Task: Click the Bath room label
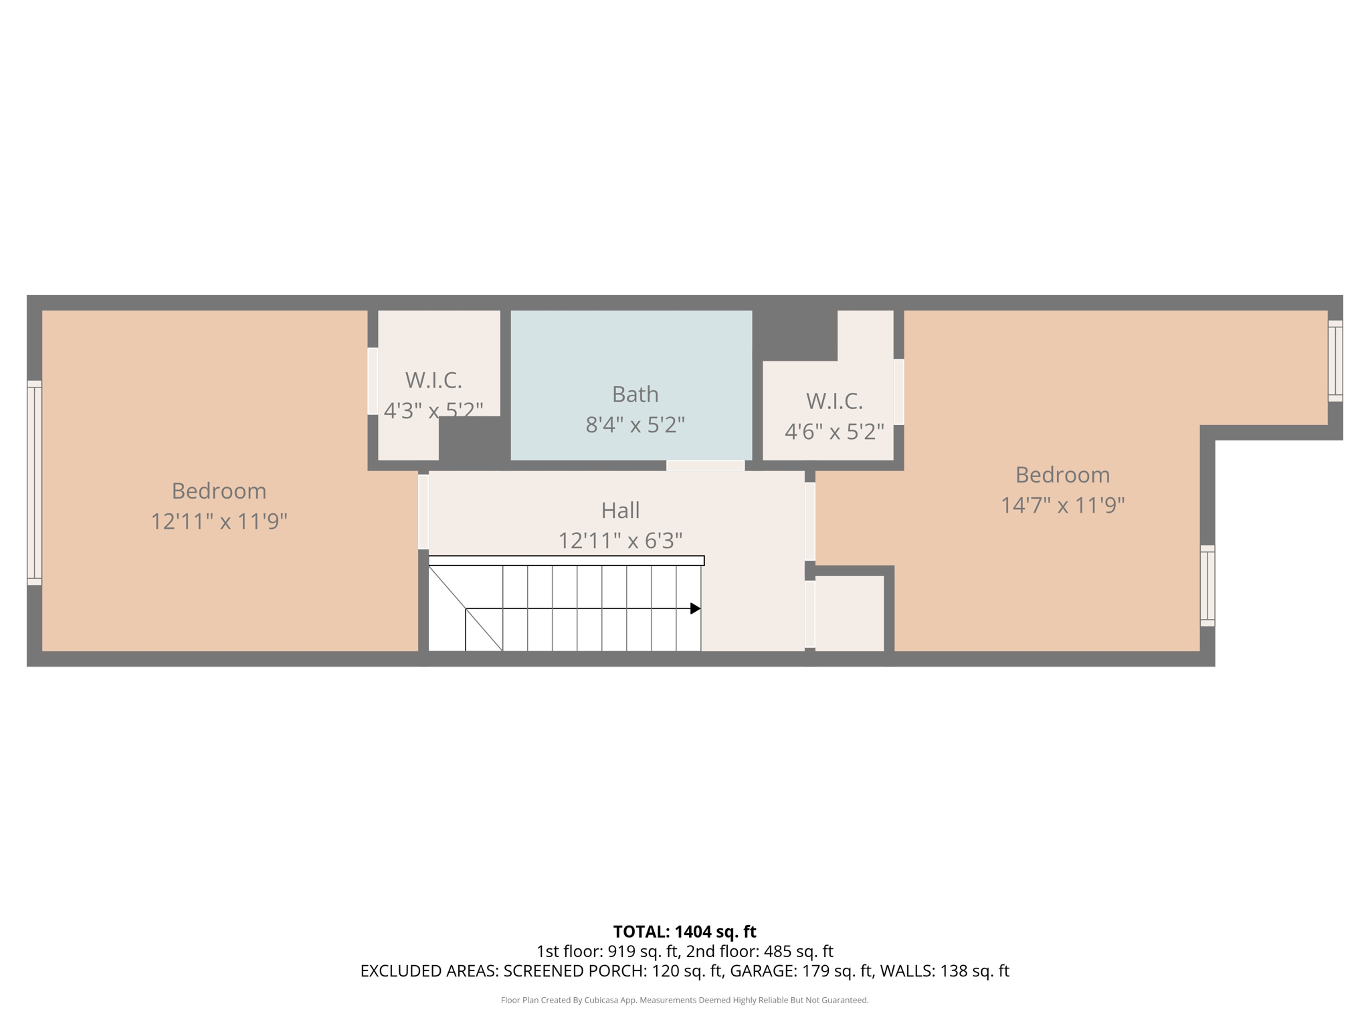click(x=635, y=394)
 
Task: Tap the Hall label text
click(x=620, y=510)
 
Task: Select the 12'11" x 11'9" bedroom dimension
click(x=219, y=521)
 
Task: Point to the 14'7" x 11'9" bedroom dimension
click(x=1062, y=505)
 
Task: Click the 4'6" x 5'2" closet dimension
click(x=834, y=432)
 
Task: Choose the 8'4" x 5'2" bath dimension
click(x=635, y=424)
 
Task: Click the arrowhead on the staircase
click(x=695, y=608)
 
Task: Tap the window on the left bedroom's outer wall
click(x=34, y=483)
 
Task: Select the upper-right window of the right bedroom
click(x=1335, y=361)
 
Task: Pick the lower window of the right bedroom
click(x=1207, y=586)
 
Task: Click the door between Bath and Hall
click(x=705, y=465)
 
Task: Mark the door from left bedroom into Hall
click(x=423, y=511)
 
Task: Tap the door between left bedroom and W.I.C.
click(x=373, y=381)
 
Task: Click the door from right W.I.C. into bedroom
click(x=898, y=392)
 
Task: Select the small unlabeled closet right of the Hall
click(x=849, y=613)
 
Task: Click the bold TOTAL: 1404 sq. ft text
click(x=684, y=932)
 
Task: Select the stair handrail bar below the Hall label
click(x=566, y=560)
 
